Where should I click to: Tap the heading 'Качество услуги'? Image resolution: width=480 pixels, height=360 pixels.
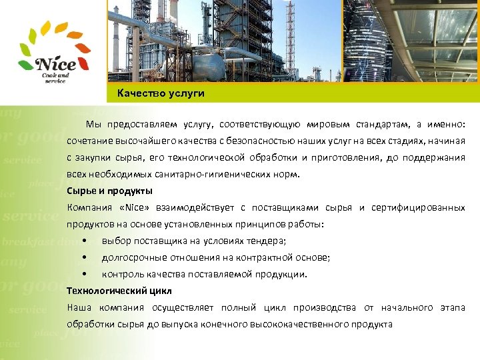(x=161, y=93)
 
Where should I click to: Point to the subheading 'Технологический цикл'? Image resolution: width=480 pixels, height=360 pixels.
(x=119, y=291)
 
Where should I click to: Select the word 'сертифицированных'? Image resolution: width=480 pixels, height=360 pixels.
(x=429, y=207)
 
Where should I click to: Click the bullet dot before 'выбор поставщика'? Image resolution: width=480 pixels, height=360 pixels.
(x=84, y=241)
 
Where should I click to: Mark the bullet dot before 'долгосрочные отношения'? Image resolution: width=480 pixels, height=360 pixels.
(x=84, y=257)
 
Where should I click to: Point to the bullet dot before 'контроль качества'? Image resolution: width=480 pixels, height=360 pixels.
(x=84, y=274)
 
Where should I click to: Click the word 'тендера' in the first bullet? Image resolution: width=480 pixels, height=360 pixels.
(x=267, y=241)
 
